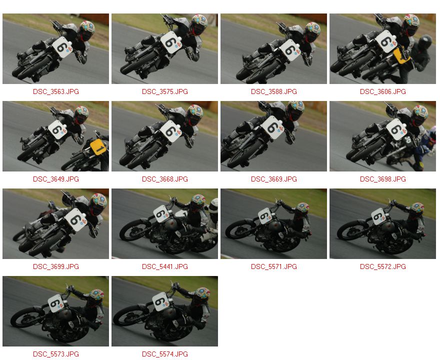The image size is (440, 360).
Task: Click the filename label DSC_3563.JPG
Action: (56, 92)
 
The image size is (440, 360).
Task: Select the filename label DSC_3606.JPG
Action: (383, 92)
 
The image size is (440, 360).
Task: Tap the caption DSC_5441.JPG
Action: (164, 266)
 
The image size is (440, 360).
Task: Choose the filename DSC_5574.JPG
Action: (164, 354)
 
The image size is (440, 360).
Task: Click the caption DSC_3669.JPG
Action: (274, 179)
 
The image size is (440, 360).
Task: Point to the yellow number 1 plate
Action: (98, 146)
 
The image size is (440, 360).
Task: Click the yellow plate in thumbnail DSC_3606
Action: (401, 55)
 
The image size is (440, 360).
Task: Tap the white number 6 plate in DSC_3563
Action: (62, 47)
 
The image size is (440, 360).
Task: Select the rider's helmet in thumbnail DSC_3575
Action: (199, 24)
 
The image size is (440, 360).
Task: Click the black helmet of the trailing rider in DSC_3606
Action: (425, 42)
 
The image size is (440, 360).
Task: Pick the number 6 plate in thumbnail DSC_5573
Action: (56, 303)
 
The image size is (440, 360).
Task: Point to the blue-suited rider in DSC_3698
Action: (426, 146)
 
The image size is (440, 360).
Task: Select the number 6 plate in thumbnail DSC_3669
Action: (273, 127)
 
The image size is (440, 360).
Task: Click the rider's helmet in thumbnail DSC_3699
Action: (98, 203)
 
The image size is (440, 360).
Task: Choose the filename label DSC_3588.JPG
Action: (274, 92)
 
